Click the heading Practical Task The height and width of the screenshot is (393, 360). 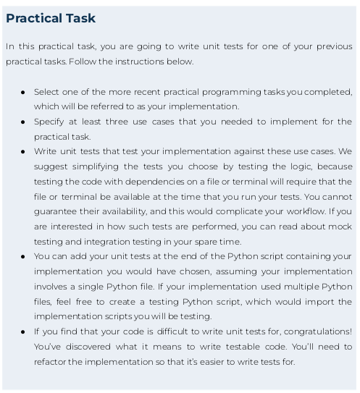tap(51, 19)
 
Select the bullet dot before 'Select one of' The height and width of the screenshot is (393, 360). tap(23, 93)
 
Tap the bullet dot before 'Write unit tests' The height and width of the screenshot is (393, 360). tap(23, 152)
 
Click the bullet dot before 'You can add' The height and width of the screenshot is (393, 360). tap(23, 257)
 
